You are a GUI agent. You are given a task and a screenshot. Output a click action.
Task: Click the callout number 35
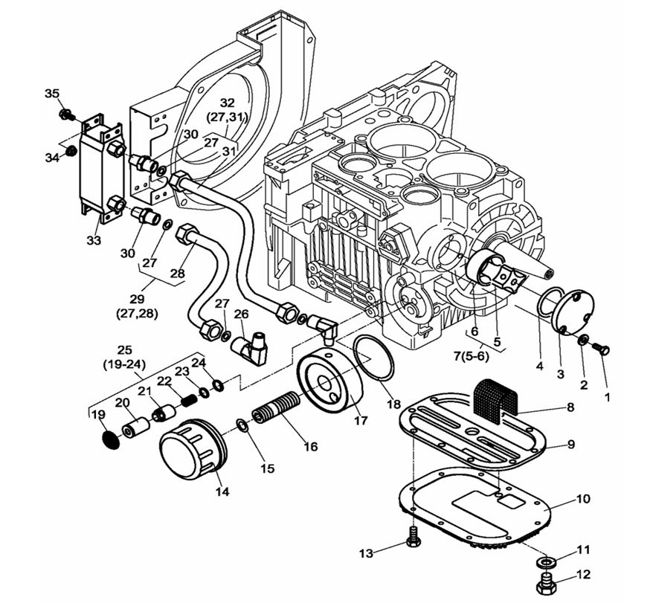click(51, 93)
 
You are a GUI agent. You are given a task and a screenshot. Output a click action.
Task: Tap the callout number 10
click(571, 445)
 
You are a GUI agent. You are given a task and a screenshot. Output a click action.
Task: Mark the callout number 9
click(582, 498)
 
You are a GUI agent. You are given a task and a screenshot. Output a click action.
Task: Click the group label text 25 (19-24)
click(125, 356)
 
